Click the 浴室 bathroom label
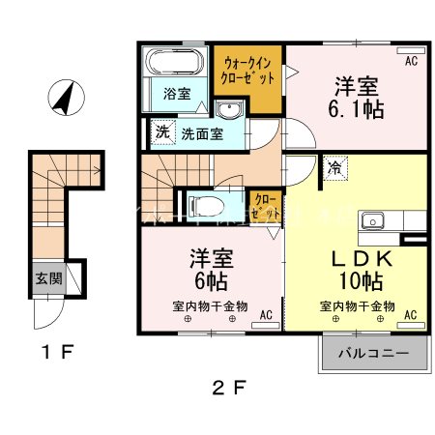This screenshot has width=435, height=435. (x=176, y=95)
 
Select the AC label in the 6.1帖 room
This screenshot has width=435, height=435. (x=411, y=63)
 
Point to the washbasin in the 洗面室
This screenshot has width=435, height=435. (x=227, y=108)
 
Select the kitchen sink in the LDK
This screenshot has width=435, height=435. (x=373, y=221)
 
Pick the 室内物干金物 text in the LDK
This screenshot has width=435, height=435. (x=357, y=305)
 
